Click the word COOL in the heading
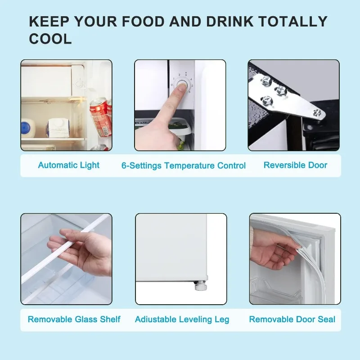50,39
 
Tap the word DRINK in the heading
230,21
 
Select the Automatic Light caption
69,165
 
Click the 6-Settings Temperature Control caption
184,166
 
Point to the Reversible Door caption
295,165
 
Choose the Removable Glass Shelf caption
74,319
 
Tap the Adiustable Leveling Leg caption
182,319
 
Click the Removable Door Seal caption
292,319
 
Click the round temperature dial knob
182,85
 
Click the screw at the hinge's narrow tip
318,113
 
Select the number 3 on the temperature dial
186,75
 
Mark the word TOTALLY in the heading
293,21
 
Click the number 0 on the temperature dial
172,85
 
